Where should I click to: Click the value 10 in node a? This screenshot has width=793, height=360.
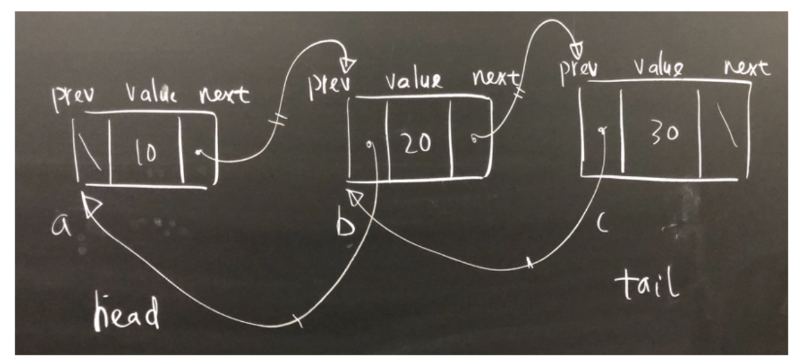point(145,153)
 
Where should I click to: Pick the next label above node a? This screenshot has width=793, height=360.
point(224,95)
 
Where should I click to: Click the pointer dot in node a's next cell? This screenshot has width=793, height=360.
point(197,154)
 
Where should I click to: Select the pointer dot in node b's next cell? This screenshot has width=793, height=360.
point(473,139)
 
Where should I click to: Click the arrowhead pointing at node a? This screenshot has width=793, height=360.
point(91,207)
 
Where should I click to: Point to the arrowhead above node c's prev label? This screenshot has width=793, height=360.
point(577,47)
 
